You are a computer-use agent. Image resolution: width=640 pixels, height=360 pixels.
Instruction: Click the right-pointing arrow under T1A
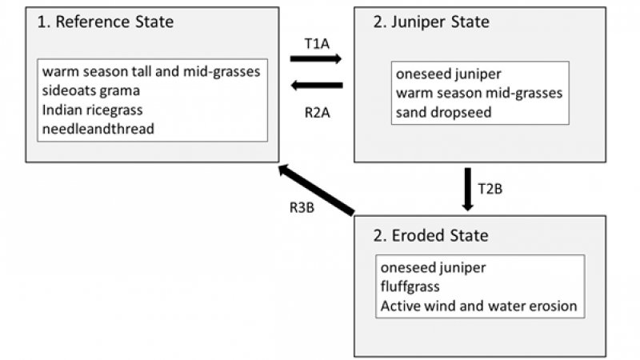[x=316, y=58]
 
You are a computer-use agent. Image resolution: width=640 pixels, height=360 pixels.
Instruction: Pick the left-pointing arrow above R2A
[x=316, y=86]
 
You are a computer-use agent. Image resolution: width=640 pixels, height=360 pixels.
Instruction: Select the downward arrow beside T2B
[x=468, y=190]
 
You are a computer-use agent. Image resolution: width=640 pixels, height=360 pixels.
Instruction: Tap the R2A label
[x=317, y=113]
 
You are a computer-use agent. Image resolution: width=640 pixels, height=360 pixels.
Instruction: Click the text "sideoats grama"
[x=92, y=90]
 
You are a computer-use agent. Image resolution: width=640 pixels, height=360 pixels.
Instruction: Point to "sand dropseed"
[x=443, y=112]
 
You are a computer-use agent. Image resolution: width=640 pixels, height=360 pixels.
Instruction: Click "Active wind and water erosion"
[x=478, y=306]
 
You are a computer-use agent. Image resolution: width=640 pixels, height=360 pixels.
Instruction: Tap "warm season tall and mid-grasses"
[x=152, y=72]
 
